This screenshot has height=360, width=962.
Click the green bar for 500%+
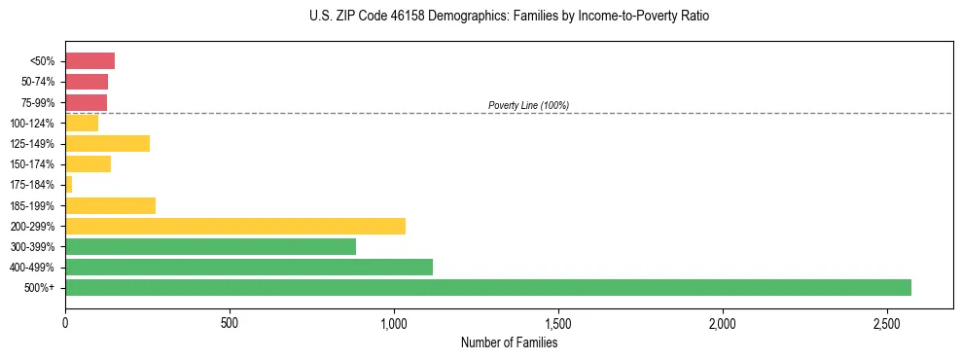tap(487, 288)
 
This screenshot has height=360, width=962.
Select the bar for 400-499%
tap(248, 267)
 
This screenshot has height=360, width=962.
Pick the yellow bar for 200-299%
tap(234, 226)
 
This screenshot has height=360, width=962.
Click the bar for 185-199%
tap(110, 205)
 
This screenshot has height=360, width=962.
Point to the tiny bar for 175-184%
tap(69, 184)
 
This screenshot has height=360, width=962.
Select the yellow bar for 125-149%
tap(107, 143)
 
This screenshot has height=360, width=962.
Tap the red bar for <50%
tap(89, 61)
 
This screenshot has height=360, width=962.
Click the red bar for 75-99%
tap(86, 102)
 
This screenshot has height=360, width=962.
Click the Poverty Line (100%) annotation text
tap(528, 105)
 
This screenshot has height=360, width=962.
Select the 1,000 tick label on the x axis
tap(393, 322)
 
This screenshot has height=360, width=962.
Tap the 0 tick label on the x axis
tap(65, 322)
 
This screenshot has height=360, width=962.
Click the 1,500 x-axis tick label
tap(557, 322)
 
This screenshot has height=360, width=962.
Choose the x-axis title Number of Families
tap(509, 342)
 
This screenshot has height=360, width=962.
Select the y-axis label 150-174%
tap(32, 164)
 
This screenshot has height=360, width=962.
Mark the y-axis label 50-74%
tap(37, 82)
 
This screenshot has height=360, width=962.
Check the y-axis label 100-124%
tap(32, 124)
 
